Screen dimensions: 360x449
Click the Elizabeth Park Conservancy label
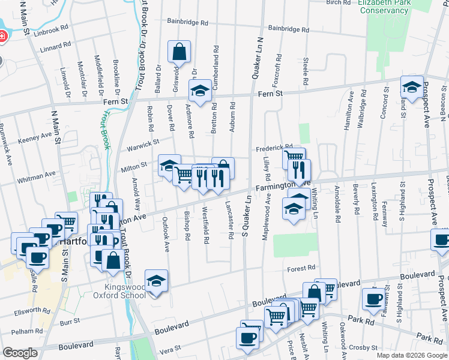click(391, 7)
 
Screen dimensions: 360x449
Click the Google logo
click(20, 353)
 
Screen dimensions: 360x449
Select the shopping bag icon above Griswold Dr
click(179, 52)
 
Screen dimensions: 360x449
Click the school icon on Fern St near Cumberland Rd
click(200, 91)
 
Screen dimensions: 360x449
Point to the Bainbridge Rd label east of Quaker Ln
click(288, 28)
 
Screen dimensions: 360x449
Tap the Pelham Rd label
click(22, 331)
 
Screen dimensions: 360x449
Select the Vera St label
click(170, 349)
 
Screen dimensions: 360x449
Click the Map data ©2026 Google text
click(412, 355)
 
